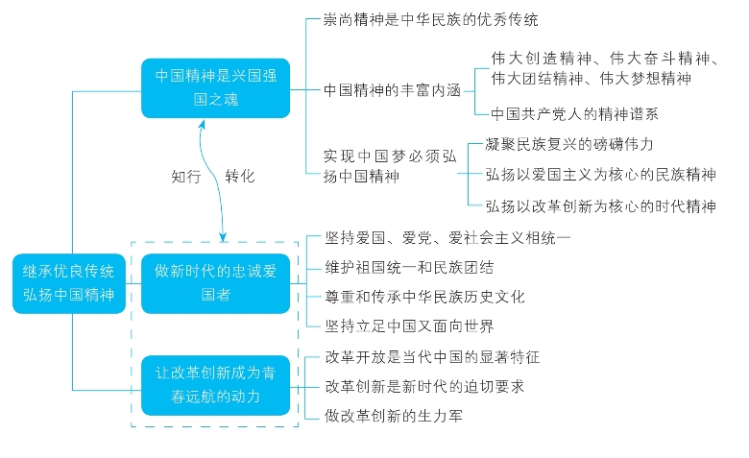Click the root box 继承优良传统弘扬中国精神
coord(70,283)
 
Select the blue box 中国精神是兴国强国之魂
coord(216,87)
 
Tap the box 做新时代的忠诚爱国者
coord(215,283)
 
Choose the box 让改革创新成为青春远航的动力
coord(215,385)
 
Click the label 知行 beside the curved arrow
coord(186,177)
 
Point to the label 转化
coord(240,177)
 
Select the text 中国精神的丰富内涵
coord(392,89)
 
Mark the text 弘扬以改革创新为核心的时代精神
coord(600,205)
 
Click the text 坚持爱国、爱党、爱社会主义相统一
coord(448,236)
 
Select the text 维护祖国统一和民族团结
coord(411,266)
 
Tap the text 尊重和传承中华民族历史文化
coord(423,297)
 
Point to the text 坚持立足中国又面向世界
coord(411,326)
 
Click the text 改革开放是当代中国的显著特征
coord(432,357)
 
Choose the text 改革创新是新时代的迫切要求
coord(423,386)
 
